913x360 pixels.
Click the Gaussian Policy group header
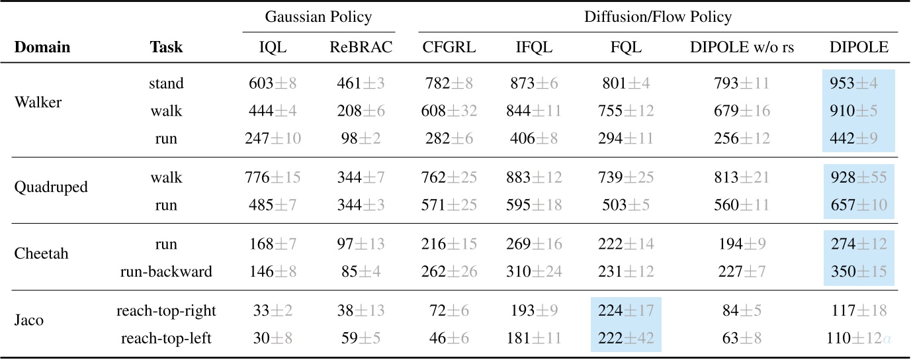(318, 17)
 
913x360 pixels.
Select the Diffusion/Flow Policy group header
(658, 17)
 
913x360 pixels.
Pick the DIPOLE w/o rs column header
(742, 48)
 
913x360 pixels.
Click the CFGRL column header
(449, 48)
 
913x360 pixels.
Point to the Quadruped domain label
(51, 187)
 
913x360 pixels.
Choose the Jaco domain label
(29, 320)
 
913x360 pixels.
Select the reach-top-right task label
(166, 310)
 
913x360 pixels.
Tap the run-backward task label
(166, 272)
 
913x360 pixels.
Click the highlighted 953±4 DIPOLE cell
(858, 84)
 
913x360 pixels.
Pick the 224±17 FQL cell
(625, 310)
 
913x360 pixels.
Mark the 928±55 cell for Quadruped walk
(858, 178)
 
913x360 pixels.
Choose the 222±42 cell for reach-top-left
(625, 339)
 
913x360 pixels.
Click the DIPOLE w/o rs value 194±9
(742, 244)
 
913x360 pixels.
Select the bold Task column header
(166, 48)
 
